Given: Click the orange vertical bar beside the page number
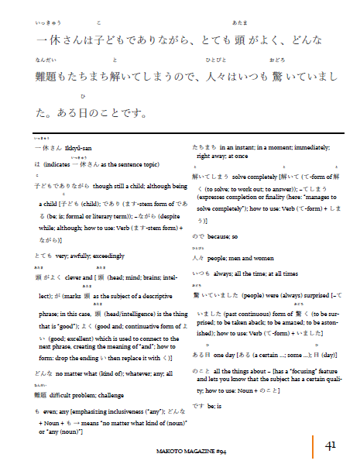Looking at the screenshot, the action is click(314, 445).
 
